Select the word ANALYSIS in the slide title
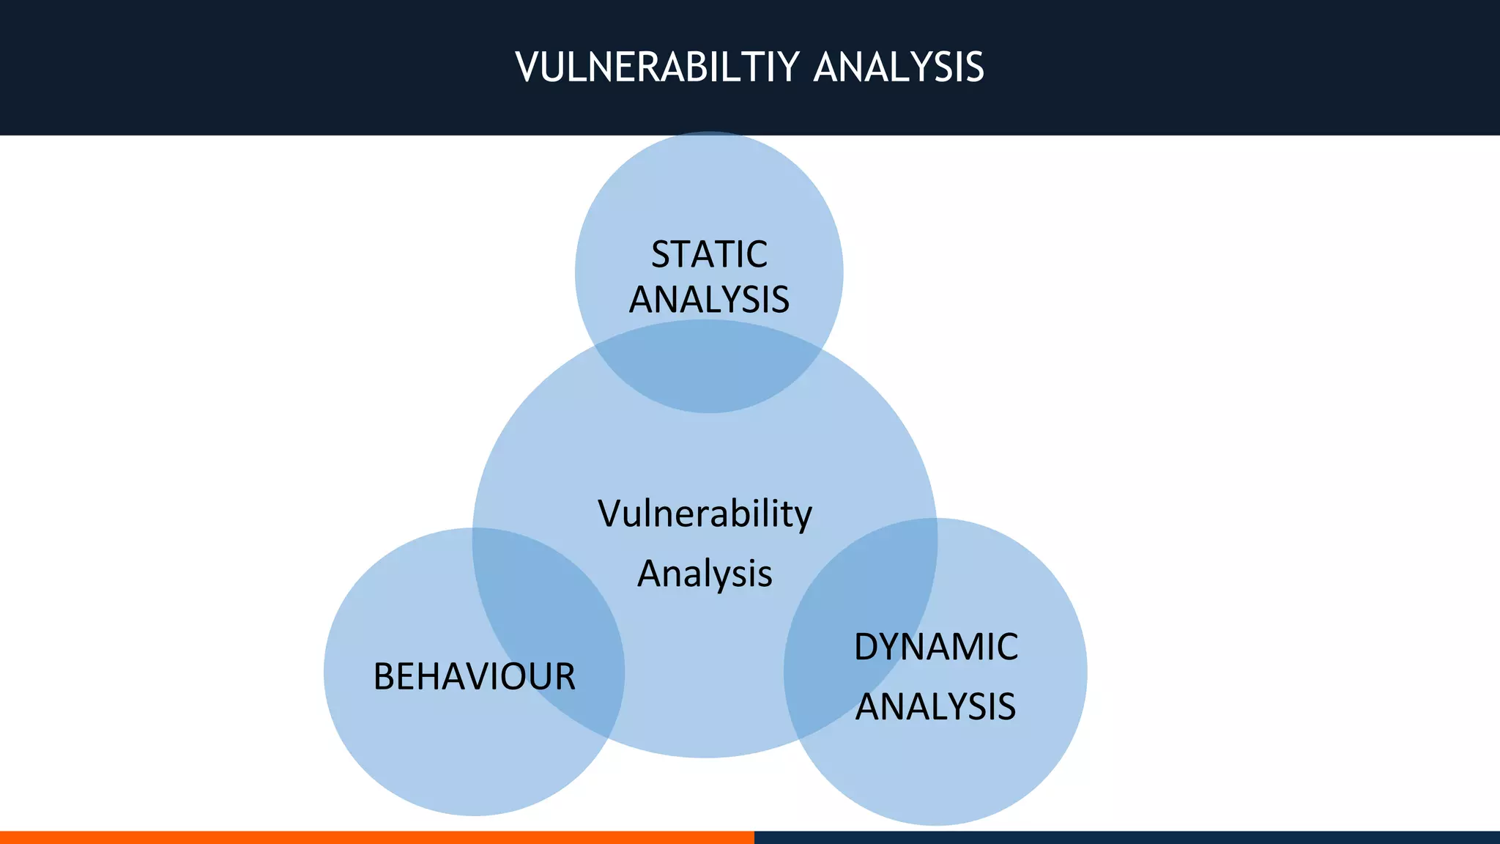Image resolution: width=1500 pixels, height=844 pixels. click(899, 67)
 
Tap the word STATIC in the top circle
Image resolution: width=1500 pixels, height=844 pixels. click(709, 255)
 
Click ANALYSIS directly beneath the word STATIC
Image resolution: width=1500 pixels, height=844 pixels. click(709, 300)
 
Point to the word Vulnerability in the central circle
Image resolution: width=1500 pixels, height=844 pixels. click(705, 514)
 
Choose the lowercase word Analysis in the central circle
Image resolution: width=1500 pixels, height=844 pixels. click(705, 574)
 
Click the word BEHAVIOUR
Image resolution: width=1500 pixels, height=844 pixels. click(474, 676)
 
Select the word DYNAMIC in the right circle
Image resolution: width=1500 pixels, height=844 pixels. click(936, 647)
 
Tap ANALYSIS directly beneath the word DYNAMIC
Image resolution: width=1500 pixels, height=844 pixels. click(935, 707)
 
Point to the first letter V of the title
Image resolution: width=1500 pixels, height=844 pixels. click(528, 67)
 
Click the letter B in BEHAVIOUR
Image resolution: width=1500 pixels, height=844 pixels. click(385, 676)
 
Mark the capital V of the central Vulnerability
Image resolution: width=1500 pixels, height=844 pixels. click(611, 514)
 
